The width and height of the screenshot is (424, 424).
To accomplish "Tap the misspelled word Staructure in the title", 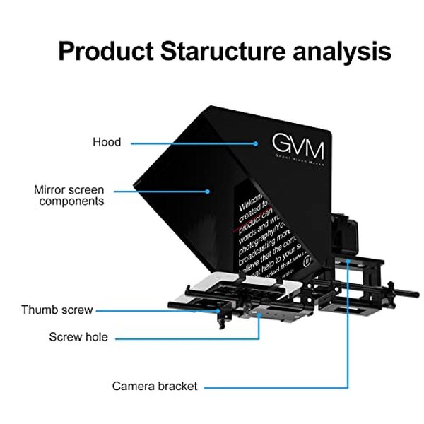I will (x=224, y=52).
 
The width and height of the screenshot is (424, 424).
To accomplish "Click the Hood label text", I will (x=107, y=142).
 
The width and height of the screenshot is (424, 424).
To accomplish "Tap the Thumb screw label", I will (x=57, y=310).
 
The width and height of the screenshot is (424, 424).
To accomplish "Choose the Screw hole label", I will (x=78, y=337).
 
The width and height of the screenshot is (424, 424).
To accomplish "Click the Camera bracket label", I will (x=155, y=387).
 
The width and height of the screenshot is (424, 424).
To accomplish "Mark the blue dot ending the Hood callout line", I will (x=257, y=143).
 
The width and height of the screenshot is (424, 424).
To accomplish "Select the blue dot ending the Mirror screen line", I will (x=208, y=190).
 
